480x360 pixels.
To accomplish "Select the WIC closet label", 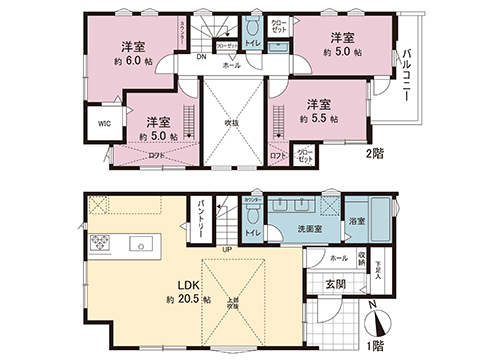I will [104, 124].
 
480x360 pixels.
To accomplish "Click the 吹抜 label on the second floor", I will [232, 124].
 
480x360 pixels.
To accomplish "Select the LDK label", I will [187, 283].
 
